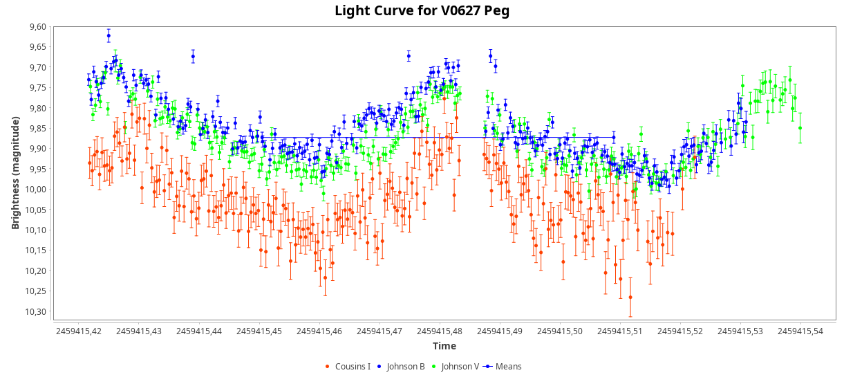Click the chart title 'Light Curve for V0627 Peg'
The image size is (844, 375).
[x=422, y=10]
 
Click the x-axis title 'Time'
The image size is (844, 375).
[x=444, y=346]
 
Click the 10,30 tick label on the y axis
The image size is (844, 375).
[x=35, y=312]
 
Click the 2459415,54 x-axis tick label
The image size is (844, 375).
[x=800, y=331]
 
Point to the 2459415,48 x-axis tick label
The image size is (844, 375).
[x=440, y=331]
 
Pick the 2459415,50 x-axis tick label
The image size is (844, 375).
[x=560, y=331]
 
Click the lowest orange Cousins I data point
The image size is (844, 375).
[x=630, y=297]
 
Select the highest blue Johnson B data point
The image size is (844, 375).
[x=109, y=35]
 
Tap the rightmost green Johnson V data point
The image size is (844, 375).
[x=800, y=128]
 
